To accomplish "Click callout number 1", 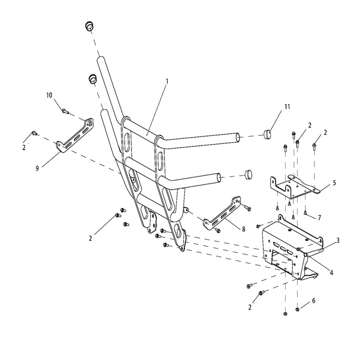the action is pyautogui.click(x=167, y=81).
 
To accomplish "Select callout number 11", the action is pyautogui.click(x=287, y=107).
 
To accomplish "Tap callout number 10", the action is pyautogui.click(x=49, y=95).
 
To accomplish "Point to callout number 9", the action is pyautogui.click(x=37, y=168).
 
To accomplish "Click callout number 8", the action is pyautogui.click(x=243, y=229).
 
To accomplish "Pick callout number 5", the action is pyautogui.click(x=334, y=183).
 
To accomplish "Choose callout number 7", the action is pyautogui.click(x=319, y=217).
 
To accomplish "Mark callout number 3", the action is pyautogui.click(x=338, y=240).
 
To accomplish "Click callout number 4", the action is pyautogui.click(x=331, y=273).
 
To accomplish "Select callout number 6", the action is pyautogui.click(x=313, y=300).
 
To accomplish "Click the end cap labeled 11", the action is pyautogui.click(x=266, y=134).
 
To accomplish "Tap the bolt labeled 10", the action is pyautogui.click(x=65, y=111).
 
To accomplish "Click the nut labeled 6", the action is pyautogui.click(x=298, y=310).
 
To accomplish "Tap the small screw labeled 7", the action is pyautogui.click(x=305, y=213).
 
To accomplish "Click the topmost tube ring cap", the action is pyautogui.click(x=90, y=26).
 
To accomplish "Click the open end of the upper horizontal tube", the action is pyautogui.click(x=238, y=138).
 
